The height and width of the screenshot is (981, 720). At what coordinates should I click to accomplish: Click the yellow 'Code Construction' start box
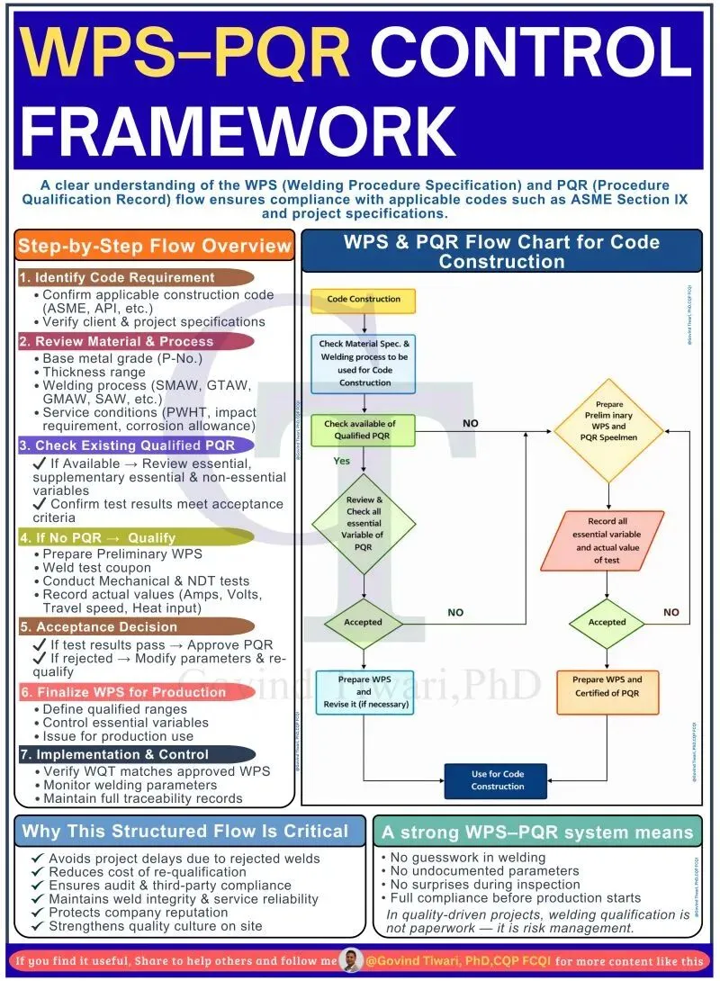[x=364, y=300]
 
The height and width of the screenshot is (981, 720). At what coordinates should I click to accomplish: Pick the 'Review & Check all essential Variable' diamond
[x=364, y=523]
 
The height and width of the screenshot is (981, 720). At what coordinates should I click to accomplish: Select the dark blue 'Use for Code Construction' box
[x=497, y=780]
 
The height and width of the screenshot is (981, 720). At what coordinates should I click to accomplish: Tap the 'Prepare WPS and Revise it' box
[x=364, y=693]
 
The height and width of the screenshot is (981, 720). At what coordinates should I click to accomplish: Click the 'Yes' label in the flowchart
[x=342, y=461]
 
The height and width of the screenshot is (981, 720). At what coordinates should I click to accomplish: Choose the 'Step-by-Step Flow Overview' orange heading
[x=155, y=246]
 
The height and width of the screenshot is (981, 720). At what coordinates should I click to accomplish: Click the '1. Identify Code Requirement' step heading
[x=135, y=278]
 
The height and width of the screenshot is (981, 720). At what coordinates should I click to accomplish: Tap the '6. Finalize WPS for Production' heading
[x=135, y=692]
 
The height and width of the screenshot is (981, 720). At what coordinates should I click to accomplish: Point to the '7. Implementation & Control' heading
[x=135, y=754]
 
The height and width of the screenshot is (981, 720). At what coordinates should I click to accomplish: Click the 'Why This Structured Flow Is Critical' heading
[x=184, y=832]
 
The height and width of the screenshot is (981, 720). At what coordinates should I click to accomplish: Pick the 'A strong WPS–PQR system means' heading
[x=537, y=832]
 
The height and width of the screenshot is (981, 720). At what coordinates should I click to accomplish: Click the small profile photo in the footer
[x=352, y=959]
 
